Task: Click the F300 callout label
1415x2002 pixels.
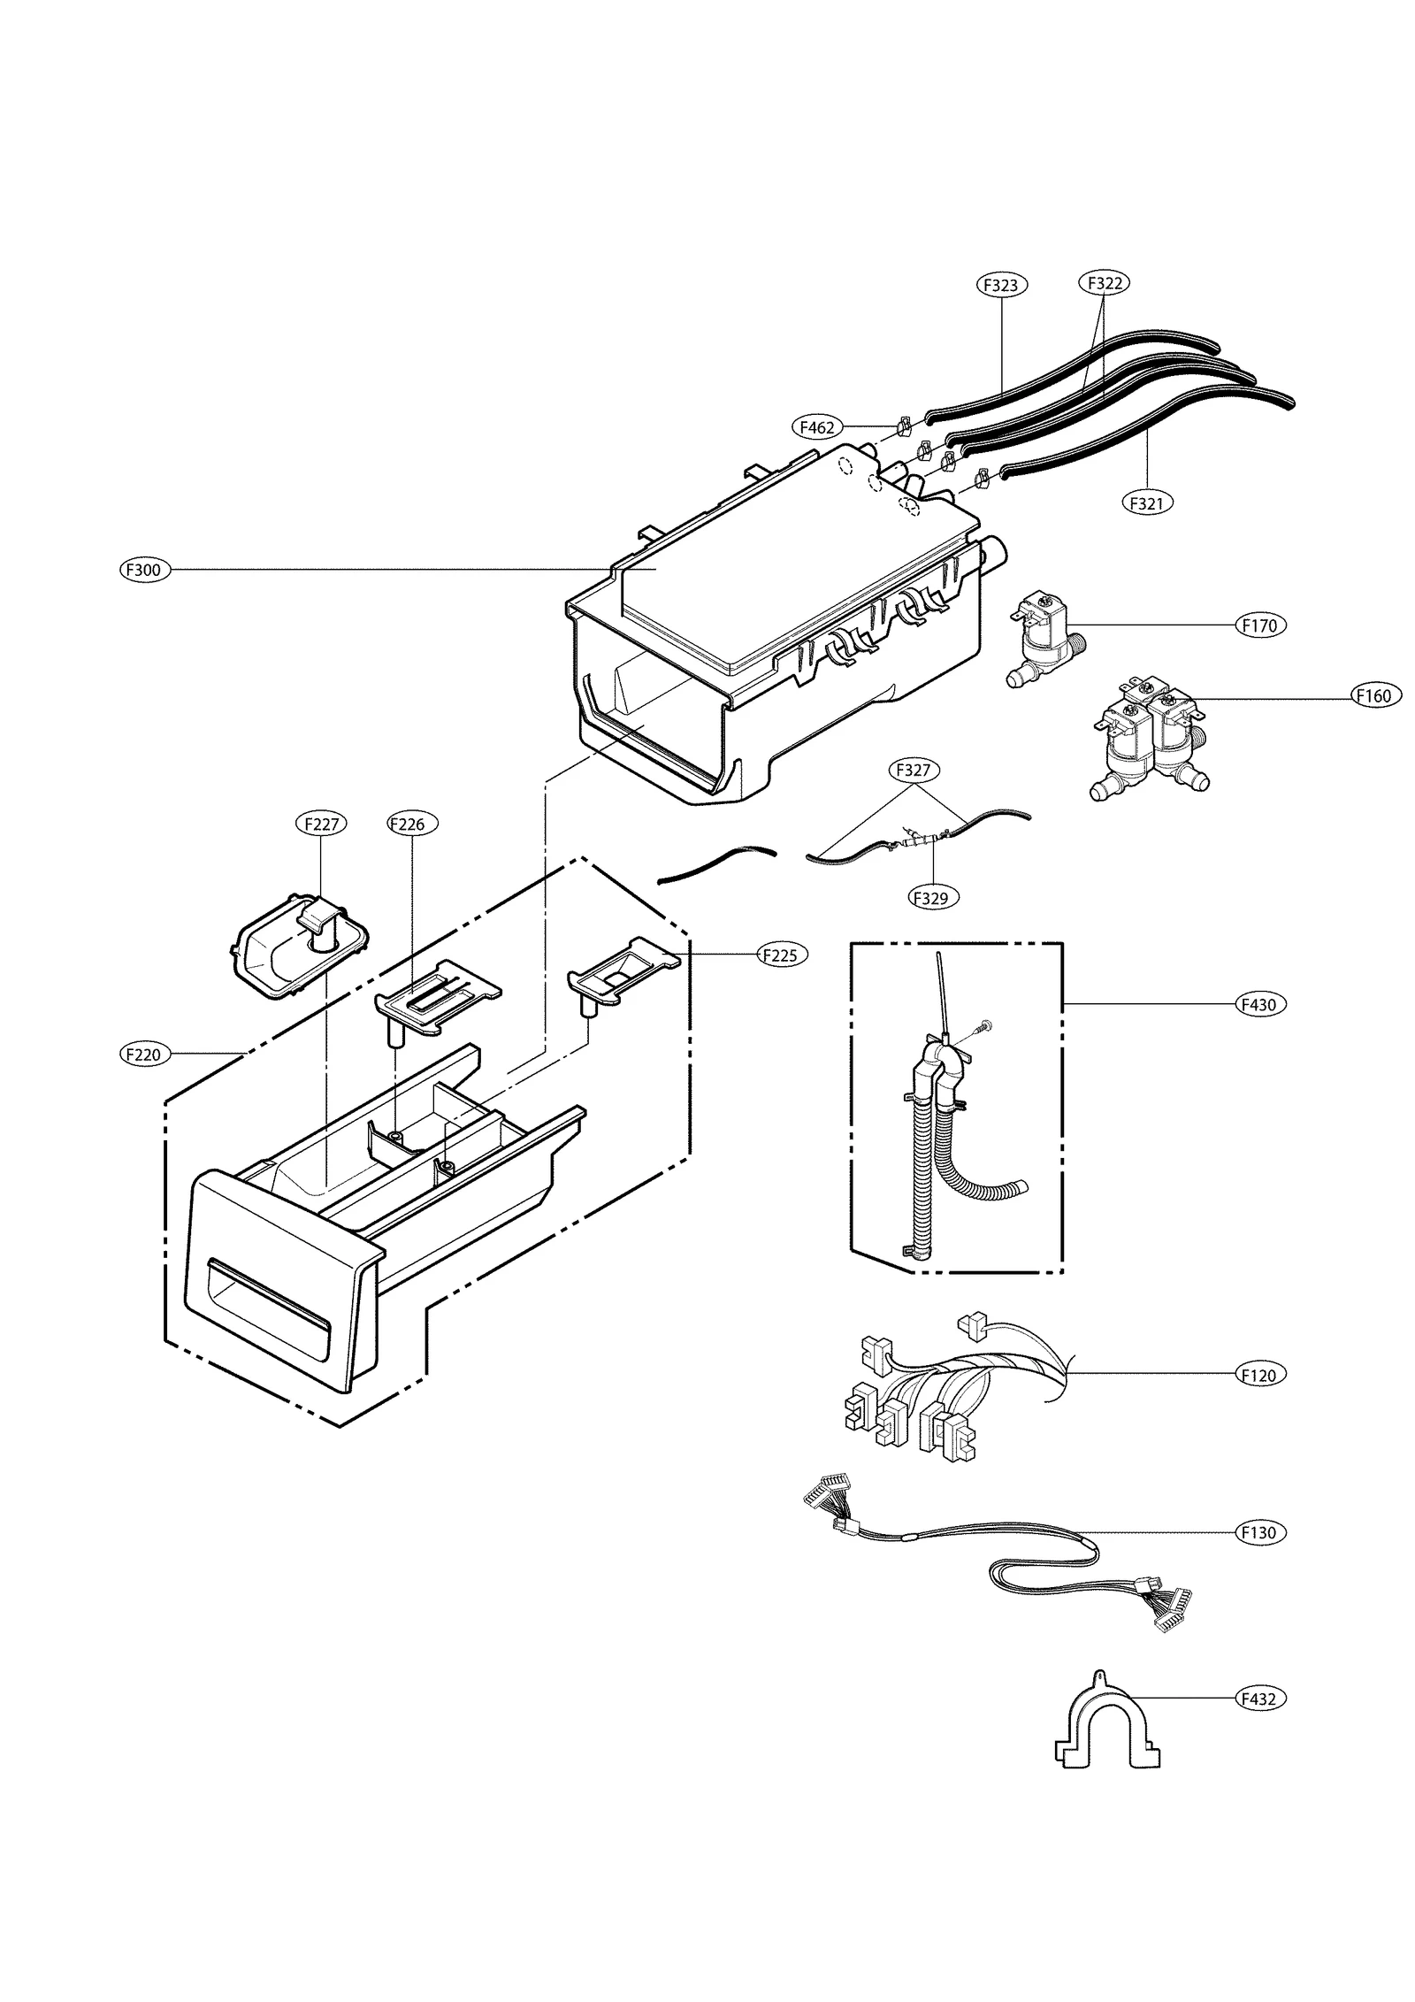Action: [x=144, y=570]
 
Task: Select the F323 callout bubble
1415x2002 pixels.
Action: [x=1001, y=285]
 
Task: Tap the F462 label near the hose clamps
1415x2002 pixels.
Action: [x=815, y=427]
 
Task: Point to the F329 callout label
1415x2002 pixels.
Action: [x=933, y=898]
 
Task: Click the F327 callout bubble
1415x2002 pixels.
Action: [x=913, y=770]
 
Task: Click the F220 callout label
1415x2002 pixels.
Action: [x=144, y=1054]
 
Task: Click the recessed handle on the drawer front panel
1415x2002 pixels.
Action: [x=267, y=1308]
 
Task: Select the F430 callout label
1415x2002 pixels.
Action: [x=1259, y=1004]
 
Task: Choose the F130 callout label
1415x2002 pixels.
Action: [x=1259, y=1532]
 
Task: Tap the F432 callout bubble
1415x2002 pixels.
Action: [x=1259, y=1699]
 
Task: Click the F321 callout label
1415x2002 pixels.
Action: [x=1147, y=502]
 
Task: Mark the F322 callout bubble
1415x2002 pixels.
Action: [x=1105, y=283]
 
